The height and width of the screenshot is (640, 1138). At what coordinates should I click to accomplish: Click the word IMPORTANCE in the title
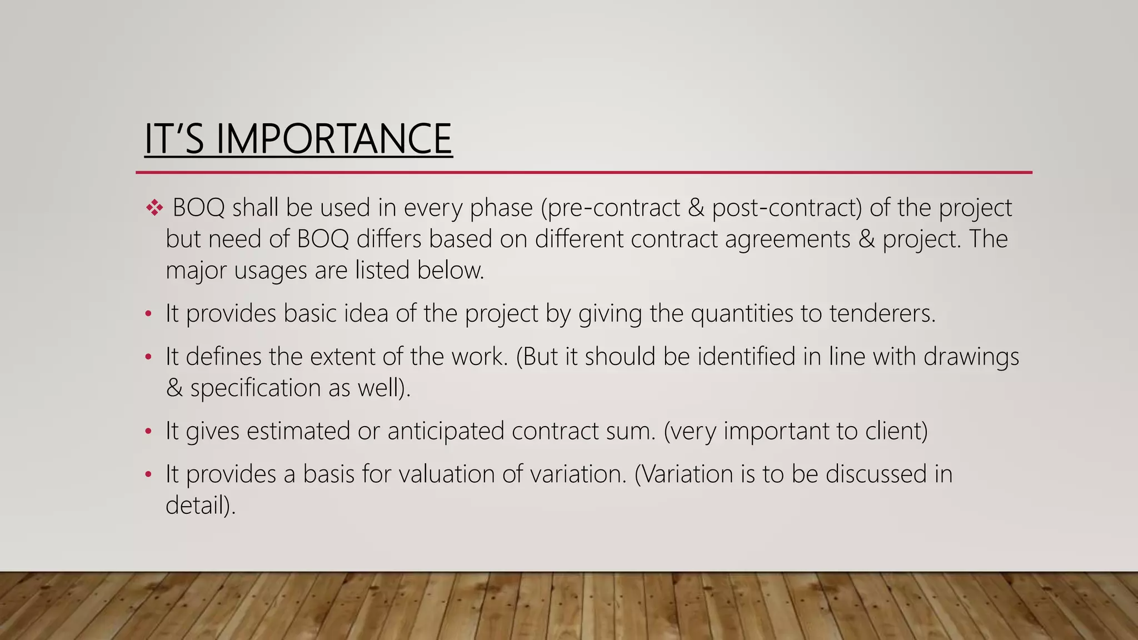point(333,139)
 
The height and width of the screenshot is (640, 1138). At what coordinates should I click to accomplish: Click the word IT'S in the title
point(174,139)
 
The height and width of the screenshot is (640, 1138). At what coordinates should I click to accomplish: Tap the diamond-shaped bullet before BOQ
point(154,208)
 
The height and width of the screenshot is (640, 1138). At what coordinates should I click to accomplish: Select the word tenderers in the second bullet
point(882,313)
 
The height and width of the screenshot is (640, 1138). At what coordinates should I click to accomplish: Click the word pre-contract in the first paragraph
point(613,208)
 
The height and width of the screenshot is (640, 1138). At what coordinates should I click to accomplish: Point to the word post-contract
point(787,208)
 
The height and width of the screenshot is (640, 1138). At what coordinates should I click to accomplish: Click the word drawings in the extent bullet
point(971,357)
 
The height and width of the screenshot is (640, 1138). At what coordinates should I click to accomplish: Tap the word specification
point(255,388)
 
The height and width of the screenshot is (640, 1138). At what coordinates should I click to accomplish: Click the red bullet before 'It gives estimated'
point(148,432)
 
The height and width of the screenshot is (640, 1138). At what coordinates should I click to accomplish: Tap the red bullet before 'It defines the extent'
point(148,357)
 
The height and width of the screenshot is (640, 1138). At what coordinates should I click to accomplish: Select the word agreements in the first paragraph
point(787,239)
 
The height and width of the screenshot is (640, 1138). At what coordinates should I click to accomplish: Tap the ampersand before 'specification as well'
point(174,388)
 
